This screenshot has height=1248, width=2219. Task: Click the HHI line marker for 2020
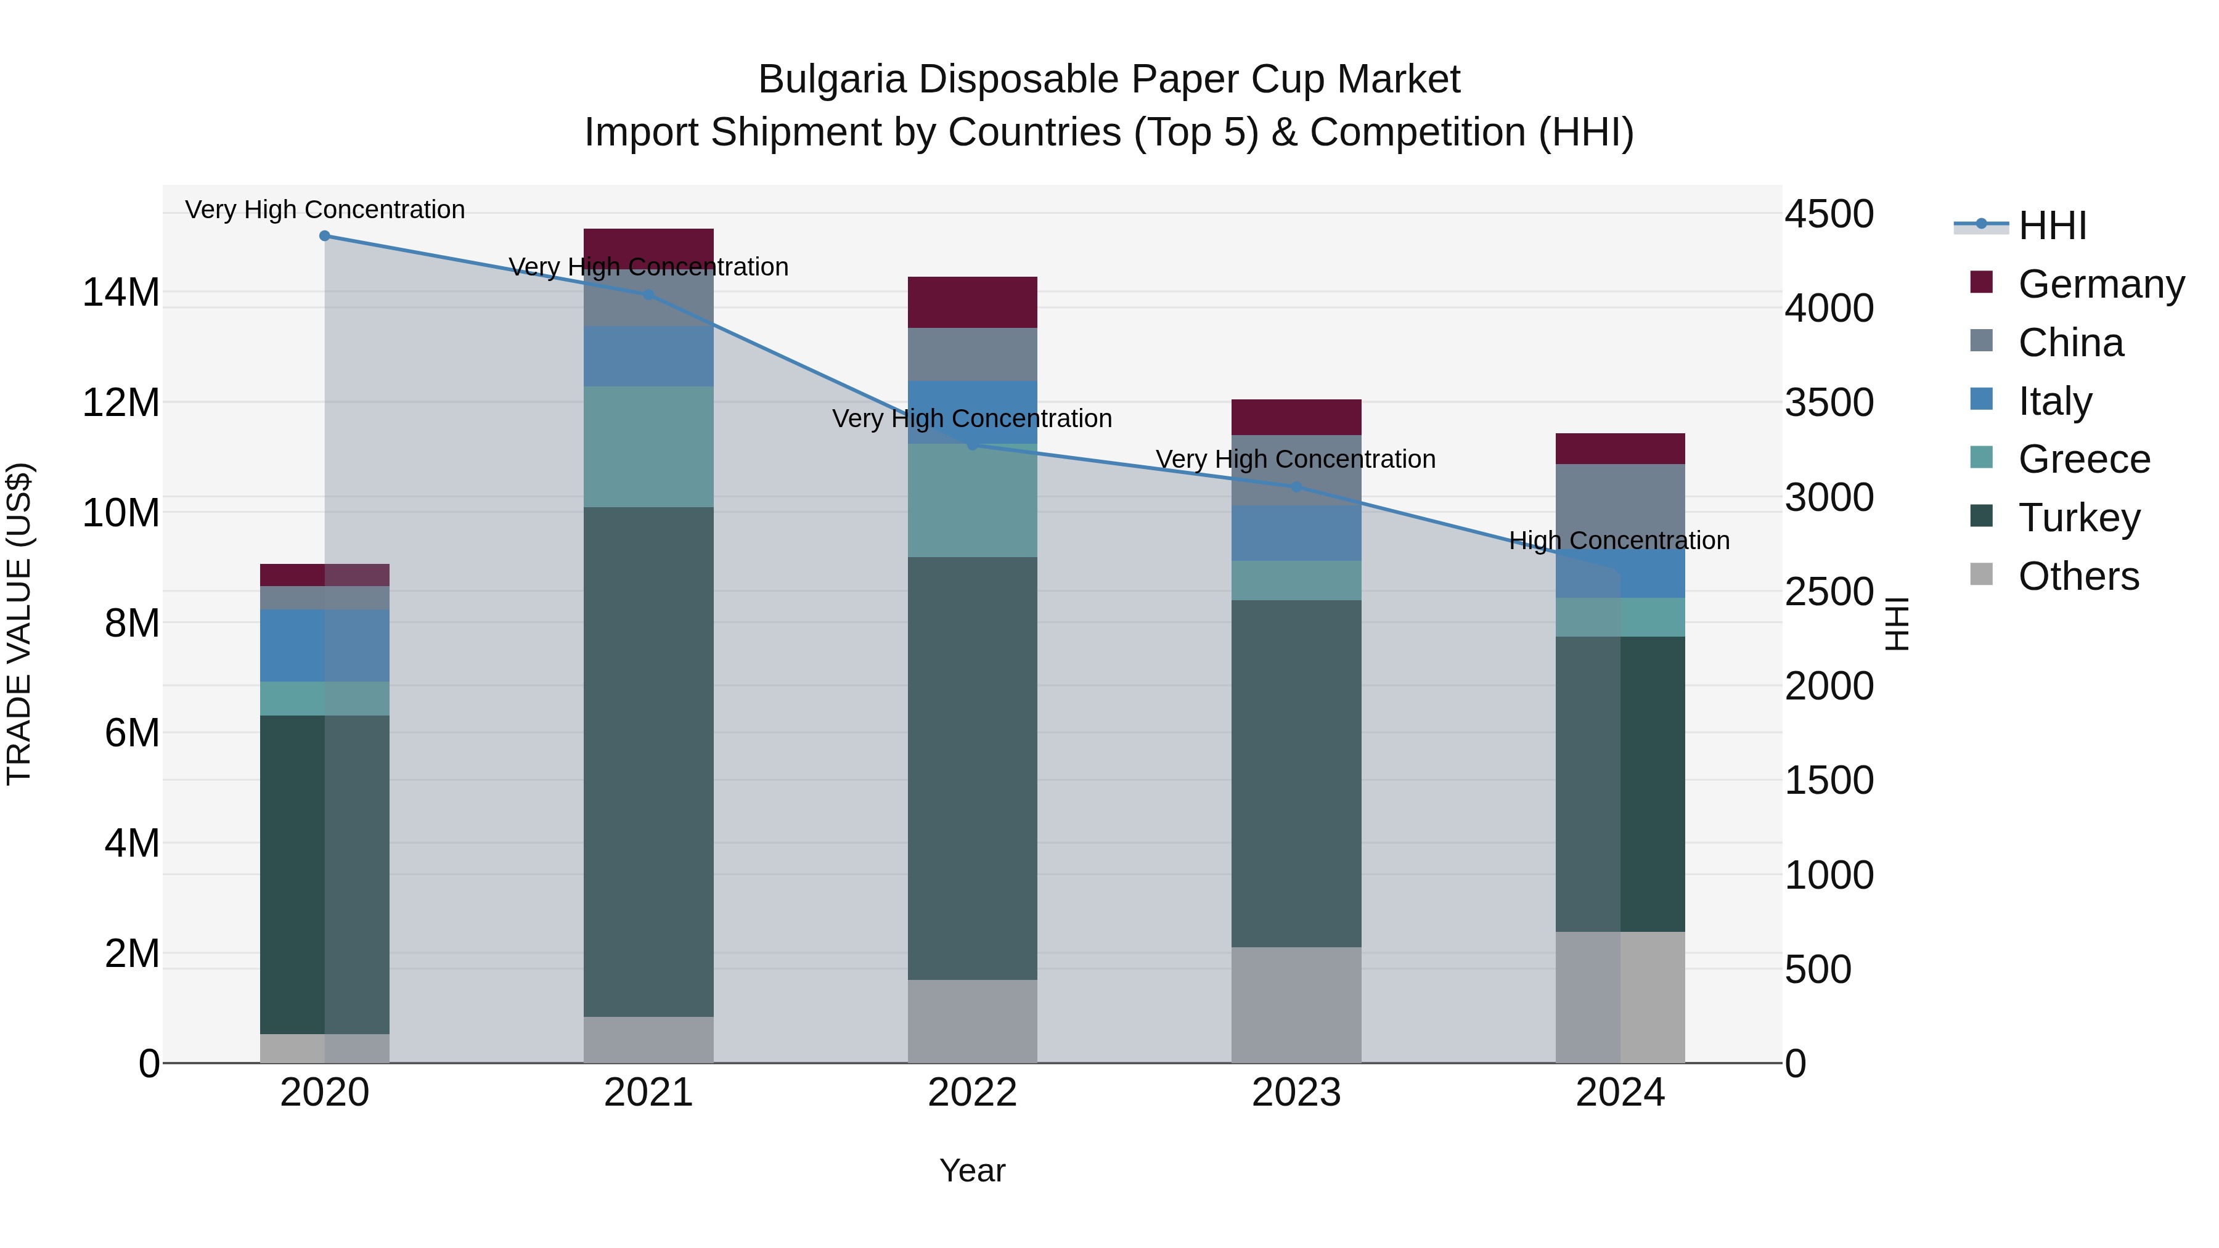click(325, 236)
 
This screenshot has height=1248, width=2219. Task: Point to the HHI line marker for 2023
click(1296, 487)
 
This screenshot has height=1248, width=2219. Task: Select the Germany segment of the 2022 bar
click(973, 303)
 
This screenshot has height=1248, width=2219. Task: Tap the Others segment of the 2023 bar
click(1296, 1005)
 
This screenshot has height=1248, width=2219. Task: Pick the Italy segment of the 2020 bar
click(325, 645)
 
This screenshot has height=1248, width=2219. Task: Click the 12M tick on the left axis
click(121, 403)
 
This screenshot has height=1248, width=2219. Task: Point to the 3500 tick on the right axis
click(1828, 403)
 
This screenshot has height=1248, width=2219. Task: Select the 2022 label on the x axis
click(973, 1093)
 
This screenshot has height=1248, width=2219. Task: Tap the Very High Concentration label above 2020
click(325, 210)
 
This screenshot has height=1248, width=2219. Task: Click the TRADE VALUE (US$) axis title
click(19, 624)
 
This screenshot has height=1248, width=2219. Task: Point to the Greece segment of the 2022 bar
click(973, 500)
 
